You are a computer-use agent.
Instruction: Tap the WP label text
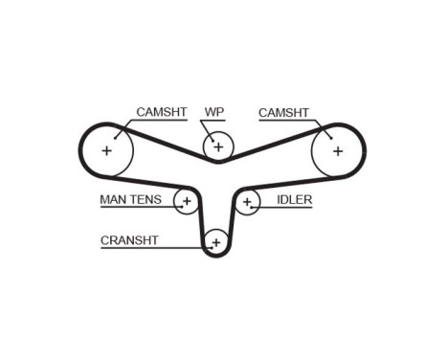point(213,113)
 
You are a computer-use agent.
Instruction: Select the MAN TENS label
point(134,201)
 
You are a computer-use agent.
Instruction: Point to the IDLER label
point(292,201)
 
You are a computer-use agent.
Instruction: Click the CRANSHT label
point(129,240)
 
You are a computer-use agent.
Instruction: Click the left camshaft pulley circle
point(106,151)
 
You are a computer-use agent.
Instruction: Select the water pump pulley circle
point(218,146)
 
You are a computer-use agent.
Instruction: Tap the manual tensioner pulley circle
point(187,201)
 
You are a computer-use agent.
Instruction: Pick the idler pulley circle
point(248,202)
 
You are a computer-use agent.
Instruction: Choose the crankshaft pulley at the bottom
point(216,242)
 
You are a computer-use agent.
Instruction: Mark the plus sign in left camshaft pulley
point(106,151)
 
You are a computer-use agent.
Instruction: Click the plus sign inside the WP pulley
point(218,146)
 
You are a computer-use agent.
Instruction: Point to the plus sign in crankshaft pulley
point(216,242)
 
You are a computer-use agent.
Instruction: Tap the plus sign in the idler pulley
point(248,202)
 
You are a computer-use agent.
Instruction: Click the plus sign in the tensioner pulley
point(187,201)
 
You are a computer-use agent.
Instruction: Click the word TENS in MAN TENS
point(151,201)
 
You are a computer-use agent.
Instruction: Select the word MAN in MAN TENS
point(115,201)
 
